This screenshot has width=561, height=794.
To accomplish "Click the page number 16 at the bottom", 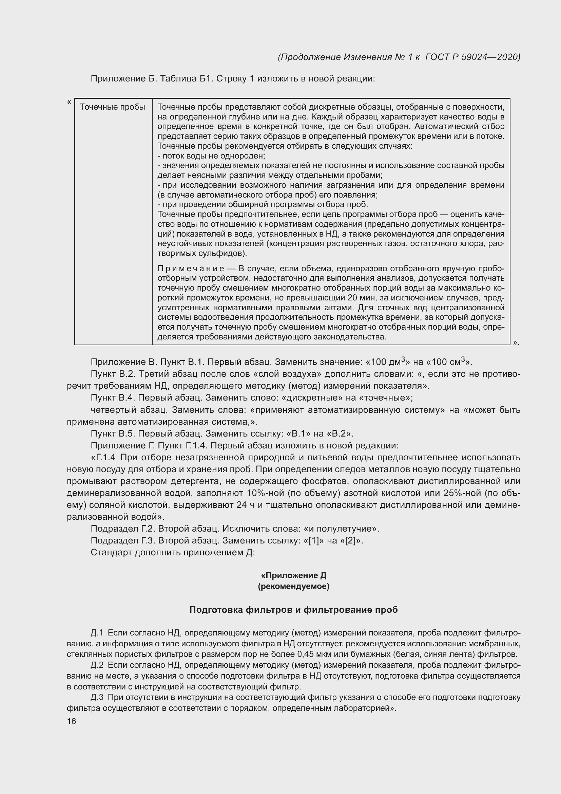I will coord(72,721).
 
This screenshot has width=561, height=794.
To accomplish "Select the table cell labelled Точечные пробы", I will coord(113,107).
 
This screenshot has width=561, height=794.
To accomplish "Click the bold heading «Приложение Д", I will coord(294,575).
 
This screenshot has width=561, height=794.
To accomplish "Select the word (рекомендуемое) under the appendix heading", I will coord(294,587).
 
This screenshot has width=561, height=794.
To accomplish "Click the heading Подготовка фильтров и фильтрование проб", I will coord(294,610).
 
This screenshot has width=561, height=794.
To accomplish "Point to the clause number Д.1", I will coord(97,633).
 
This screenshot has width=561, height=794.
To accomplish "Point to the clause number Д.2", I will coord(97,665).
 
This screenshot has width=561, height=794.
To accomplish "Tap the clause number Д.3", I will coord(97,697).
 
